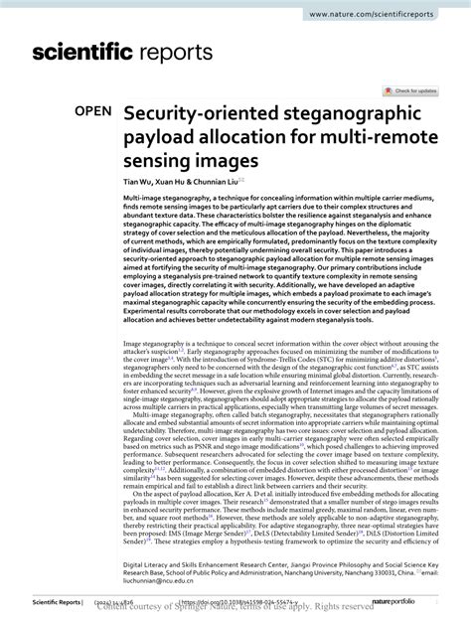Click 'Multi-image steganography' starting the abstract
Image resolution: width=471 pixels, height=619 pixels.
click(x=166, y=199)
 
